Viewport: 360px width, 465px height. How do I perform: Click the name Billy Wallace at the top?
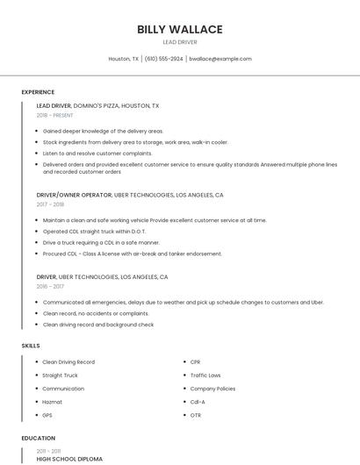click(179, 29)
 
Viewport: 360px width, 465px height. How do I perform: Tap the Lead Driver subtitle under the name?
click(179, 42)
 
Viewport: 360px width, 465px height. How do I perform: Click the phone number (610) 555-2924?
click(164, 59)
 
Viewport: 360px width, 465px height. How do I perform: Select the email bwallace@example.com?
click(220, 59)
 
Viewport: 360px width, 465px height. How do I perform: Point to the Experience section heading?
click(38, 92)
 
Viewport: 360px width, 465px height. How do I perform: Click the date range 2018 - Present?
click(54, 115)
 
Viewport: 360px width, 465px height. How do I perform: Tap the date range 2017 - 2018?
click(50, 204)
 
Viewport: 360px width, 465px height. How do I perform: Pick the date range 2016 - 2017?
click(50, 286)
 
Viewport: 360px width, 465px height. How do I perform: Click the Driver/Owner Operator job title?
click(74, 195)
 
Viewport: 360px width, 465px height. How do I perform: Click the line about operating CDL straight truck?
click(86, 232)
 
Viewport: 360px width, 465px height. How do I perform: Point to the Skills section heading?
click(31, 346)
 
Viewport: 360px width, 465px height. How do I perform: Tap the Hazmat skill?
click(53, 402)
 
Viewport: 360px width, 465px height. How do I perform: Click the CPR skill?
click(196, 361)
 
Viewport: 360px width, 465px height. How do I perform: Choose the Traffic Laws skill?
click(205, 375)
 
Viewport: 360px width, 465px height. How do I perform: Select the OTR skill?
click(196, 415)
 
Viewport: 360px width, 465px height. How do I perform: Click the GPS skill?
click(47, 415)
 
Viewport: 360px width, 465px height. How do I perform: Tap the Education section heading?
click(39, 438)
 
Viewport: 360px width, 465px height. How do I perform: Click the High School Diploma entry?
click(69, 459)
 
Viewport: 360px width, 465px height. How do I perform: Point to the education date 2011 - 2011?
click(49, 451)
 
